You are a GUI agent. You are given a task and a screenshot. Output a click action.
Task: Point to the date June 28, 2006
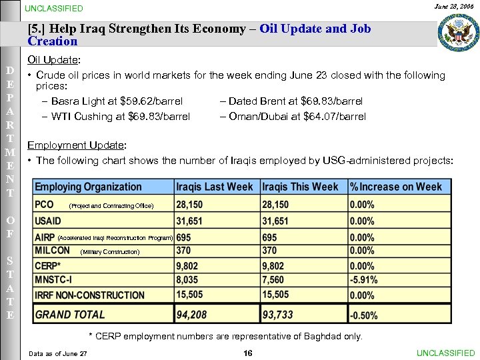point(453,7)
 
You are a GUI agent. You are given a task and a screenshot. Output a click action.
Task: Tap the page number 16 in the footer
point(247,353)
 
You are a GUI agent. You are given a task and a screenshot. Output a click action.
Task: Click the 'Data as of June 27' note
point(58,353)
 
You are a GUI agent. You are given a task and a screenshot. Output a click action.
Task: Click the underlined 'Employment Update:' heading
point(77,145)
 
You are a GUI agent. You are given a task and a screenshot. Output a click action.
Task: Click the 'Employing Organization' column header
point(88,187)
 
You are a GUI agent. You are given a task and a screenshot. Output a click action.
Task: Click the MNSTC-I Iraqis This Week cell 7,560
point(275,281)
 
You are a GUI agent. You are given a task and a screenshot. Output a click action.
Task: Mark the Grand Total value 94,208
point(191,315)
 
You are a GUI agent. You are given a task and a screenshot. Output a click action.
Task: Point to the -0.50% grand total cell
point(364,315)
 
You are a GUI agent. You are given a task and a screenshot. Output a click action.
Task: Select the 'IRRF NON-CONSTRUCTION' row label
point(89,295)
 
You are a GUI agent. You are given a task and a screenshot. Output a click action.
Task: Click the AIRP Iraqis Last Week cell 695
point(184,237)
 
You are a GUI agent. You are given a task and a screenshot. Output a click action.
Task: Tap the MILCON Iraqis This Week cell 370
point(270,251)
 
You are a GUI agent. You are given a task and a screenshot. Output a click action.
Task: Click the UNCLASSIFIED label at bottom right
point(445,353)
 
